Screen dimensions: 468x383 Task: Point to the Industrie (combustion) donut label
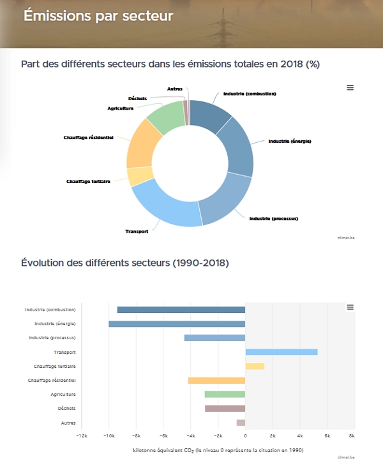coord(249,94)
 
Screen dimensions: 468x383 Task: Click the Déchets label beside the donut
coord(137,98)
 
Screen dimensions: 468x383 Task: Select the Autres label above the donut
coord(174,88)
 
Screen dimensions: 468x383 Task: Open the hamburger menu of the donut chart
coord(350,88)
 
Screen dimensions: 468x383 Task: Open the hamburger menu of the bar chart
coord(350,307)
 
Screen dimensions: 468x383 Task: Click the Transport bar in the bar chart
coord(282,352)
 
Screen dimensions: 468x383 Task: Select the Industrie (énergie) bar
coord(177,324)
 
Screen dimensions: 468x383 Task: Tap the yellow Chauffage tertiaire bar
coord(255,366)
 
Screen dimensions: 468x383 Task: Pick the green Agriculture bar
coord(225,394)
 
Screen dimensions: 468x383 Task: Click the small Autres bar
coord(241,423)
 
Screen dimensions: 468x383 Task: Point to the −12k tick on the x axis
coord(82,436)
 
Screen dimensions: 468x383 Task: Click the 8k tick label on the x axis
coord(352,436)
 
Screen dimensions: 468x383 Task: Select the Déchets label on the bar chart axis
coord(66,408)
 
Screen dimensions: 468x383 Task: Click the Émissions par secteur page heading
coord(98,16)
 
